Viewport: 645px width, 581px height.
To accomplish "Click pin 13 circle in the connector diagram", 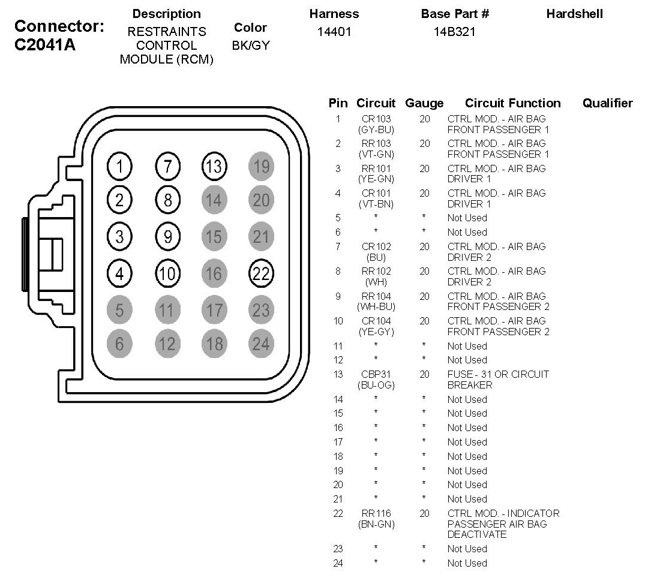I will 214,166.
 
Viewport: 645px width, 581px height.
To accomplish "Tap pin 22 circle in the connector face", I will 261,274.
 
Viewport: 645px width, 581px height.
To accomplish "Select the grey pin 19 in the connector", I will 261,166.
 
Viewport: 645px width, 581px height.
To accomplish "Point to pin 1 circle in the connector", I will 120,166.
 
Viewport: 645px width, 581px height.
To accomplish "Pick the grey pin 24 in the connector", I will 261,344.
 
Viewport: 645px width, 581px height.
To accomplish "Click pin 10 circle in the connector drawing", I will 167,274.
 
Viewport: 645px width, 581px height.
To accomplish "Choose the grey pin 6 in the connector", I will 120,344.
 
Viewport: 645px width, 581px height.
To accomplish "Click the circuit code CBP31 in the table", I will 376,374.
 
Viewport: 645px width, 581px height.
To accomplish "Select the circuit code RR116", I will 376,513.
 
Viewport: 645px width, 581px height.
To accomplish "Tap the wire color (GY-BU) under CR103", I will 376,130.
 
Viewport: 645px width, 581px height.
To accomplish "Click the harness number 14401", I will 334,32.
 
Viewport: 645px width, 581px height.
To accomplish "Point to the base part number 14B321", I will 454,32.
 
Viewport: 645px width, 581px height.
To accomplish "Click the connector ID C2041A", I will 45,46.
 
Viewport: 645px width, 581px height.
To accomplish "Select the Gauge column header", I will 424,103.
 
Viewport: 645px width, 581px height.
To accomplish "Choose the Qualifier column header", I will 607,103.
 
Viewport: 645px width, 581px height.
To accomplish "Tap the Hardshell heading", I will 574,14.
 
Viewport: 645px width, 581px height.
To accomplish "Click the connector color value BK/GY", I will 250,45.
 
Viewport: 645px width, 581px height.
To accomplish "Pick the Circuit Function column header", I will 512,103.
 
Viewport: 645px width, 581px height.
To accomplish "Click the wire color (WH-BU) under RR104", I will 376,307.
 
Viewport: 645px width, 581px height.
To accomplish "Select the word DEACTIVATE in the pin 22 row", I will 477,534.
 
